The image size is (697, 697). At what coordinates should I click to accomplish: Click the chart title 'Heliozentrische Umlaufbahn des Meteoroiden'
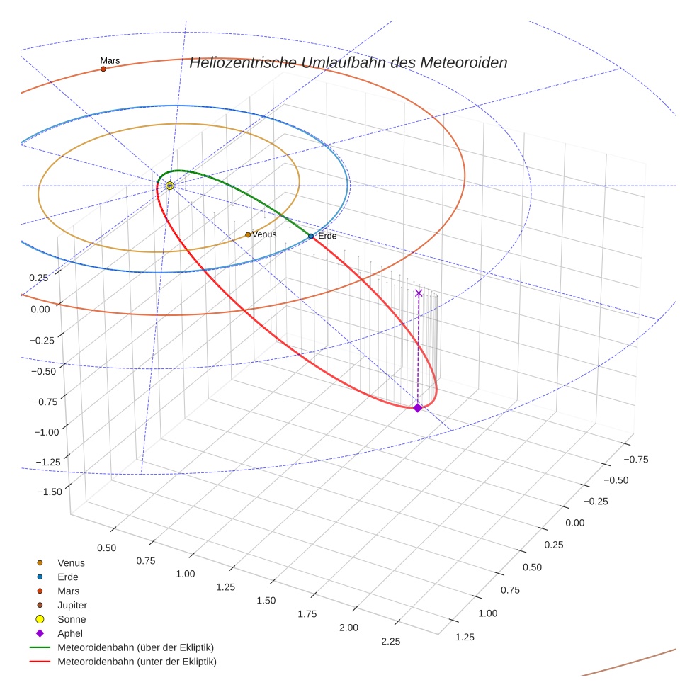[x=348, y=62]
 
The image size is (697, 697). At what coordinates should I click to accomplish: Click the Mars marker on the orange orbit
[x=103, y=69]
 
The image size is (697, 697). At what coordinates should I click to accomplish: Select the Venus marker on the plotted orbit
[x=248, y=234]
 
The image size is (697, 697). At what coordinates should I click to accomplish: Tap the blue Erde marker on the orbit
[x=311, y=236]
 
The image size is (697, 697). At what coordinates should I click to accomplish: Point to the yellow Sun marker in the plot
[x=170, y=186]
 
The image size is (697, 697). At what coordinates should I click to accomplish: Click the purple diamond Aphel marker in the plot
[x=418, y=407]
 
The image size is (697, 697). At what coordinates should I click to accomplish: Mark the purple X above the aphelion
[x=419, y=293]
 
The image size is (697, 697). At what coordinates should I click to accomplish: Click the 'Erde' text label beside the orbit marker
[x=327, y=236]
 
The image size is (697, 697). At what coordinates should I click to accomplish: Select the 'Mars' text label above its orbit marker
[x=110, y=61]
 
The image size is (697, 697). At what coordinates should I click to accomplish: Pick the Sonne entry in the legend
[x=72, y=619]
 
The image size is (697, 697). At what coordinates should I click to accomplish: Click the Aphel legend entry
[x=70, y=633]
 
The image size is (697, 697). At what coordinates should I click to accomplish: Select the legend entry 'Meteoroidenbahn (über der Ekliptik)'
[x=135, y=647]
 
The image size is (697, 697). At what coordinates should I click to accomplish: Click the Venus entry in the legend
[x=71, y=562]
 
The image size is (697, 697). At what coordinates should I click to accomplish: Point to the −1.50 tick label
[x=48, y=492]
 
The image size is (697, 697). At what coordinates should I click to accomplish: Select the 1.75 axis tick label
[x=307, y=613]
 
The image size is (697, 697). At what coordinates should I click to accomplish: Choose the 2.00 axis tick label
[x=348, y=628]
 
